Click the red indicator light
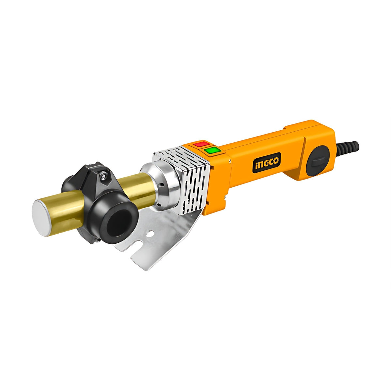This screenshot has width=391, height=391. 202,144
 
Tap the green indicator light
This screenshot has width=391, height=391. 213,150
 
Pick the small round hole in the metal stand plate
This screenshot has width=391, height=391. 150,234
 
